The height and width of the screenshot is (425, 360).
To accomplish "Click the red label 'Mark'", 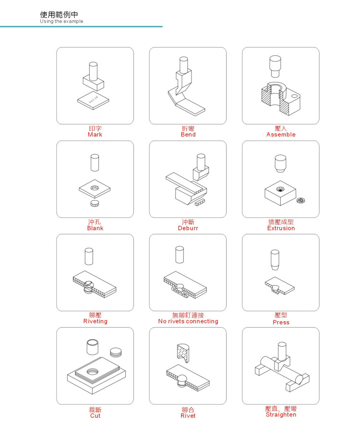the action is [x=95, y=134].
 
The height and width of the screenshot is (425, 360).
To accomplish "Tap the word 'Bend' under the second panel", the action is [x=188, y=134].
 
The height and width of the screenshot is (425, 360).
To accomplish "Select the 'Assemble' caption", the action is [x=281, y=134].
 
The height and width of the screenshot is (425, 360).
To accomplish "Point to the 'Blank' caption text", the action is [x=95, y=228].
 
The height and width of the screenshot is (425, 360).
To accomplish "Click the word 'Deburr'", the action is [x=188, y=228].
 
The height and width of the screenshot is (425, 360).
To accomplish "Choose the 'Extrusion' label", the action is [x=281, y=228].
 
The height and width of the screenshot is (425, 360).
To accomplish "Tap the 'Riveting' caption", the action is [x=96, y=321].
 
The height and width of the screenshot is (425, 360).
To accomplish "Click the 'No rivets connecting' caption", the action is [x=188, y=321].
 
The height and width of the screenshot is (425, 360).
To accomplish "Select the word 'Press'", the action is [x=281, y=322].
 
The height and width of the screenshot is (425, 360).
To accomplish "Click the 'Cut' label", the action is [x=95, y=415].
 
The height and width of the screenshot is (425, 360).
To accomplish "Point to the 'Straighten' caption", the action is [x=281, y=414].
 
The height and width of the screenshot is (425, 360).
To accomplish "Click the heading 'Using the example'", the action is [x=61, y=22].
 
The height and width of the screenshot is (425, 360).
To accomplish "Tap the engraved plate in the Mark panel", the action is [x=93, y=100].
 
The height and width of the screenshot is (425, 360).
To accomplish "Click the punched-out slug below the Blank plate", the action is [x=95, y=203].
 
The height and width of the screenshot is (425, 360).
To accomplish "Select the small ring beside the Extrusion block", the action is [x=301, y=200].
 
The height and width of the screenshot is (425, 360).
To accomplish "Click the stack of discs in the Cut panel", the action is [x=116, y=352].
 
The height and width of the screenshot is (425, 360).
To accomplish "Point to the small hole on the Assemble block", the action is [x=294, y=96].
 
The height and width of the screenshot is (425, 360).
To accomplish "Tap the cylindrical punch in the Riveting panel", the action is [x=89, y=256].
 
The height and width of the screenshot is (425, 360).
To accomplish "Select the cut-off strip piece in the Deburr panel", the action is [x=200, y=202].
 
